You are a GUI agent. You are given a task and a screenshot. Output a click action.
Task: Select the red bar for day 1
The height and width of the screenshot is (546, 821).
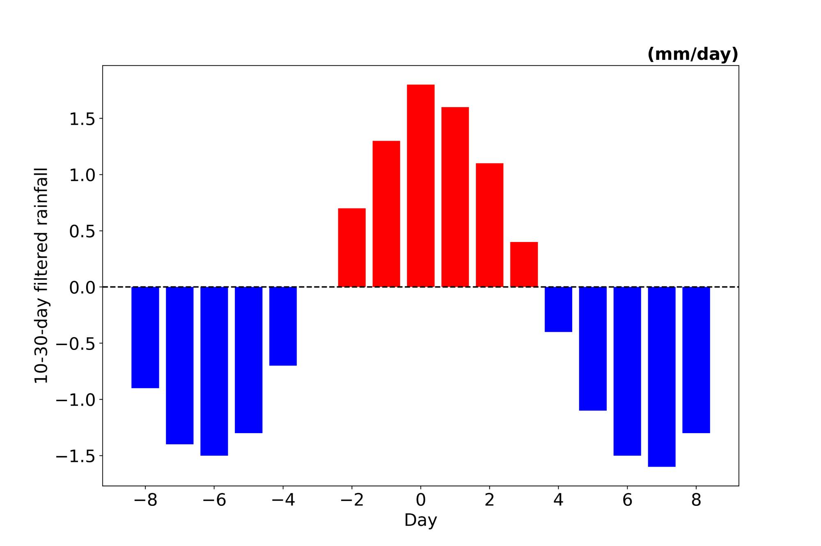[455, 197]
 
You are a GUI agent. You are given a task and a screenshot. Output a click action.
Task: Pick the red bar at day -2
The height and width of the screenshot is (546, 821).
[352, 247]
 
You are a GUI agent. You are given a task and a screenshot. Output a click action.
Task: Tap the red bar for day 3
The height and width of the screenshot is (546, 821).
[524, 264]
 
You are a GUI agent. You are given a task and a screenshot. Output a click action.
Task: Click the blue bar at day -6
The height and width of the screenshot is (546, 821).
[214, 371]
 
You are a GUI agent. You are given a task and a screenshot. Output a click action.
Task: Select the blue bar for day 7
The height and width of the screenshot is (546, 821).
[662, 377]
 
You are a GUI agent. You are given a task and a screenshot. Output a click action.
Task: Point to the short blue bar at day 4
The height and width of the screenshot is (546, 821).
[558, 309]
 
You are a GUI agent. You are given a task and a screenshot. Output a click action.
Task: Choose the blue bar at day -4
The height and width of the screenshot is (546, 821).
[283, 326]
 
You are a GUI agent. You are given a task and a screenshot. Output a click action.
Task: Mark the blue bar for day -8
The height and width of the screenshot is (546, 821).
[145, 337]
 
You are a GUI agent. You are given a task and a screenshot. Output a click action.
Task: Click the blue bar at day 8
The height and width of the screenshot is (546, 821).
[696, 360]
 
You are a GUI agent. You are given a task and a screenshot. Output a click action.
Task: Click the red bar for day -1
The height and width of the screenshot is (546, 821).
[386, 214]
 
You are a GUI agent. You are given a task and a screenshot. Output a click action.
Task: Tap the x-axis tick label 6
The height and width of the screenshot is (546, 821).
[627, 500]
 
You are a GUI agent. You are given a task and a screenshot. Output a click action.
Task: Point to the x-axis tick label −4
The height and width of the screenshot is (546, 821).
[283, 500]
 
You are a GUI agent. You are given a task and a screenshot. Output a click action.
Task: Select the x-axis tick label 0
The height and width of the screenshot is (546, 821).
[421, 500]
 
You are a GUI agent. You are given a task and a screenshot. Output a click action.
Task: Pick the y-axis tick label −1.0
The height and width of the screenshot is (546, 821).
[76, 400]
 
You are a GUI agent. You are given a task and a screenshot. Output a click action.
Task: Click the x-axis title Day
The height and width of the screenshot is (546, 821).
[421, 520]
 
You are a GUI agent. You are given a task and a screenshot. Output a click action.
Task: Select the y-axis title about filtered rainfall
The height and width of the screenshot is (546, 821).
[41, 276]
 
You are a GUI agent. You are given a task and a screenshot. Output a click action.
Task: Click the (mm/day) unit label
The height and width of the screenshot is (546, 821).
[693, 54]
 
